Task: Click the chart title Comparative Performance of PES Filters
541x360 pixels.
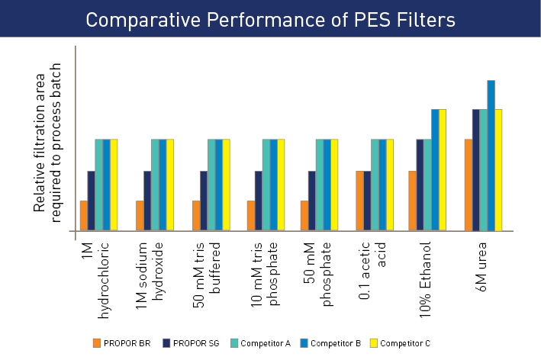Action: tap(270, 19)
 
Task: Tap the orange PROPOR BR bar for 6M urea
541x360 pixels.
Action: tap(469, 185)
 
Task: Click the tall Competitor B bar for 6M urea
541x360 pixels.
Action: tap(491, 155)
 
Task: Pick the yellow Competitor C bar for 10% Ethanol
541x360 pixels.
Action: tap(443, 169)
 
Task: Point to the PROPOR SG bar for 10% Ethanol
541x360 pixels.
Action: tap(420, 185)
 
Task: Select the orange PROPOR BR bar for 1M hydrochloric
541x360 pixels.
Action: tap(84, 215)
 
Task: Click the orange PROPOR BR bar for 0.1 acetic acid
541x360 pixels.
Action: tap(360, 201)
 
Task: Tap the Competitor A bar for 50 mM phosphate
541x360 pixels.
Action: tap(320, 185)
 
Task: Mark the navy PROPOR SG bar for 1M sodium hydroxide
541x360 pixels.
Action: tap(147, 201)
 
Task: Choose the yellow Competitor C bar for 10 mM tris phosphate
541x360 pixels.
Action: tap(281, 185)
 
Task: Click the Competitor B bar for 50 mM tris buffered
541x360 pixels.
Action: tap(219, 185)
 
